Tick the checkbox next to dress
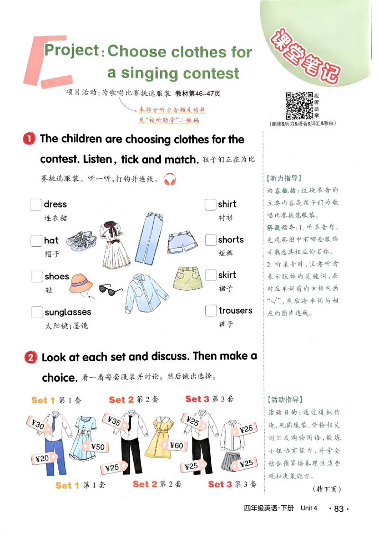pos(36,205)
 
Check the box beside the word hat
pos(36,241)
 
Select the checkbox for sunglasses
pos(36,312)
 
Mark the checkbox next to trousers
pos(211,311)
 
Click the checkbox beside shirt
pos(210,205)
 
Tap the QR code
pos(299,106)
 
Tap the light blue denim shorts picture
pos(180,241)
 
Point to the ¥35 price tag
pos(114,421)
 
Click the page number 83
pos(338,509)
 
